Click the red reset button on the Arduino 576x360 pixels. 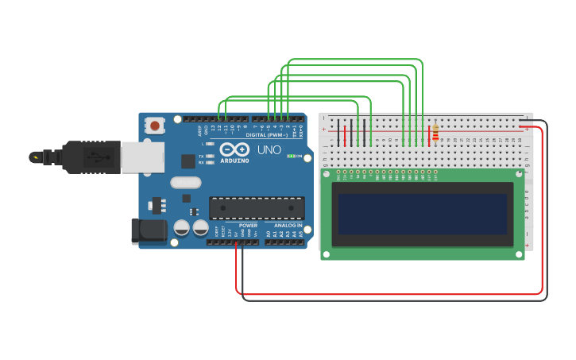click(x=155, y=125)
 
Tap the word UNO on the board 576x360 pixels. click(x=269, y=149)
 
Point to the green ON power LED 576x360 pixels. click(x=291, y=156)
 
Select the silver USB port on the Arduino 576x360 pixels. click(x=143, y=157)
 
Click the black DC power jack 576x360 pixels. click(x=149, y=231)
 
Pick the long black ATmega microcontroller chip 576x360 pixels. click(x=257, y=208)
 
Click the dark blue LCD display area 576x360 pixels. click(x=422, y=215)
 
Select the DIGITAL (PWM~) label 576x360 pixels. click(x=266, y=135)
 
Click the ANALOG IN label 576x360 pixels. click(x=288, y=226)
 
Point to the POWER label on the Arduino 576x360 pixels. click(x=248, y=226)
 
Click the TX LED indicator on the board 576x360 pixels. click(x=210, y=157)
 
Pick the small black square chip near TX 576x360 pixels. click(x=187, y=161)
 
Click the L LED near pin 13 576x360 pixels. click(x=210, y=144)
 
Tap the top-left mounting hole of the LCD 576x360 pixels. click(x=325, y=173)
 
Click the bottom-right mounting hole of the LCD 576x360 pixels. click(x=520, y=255)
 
